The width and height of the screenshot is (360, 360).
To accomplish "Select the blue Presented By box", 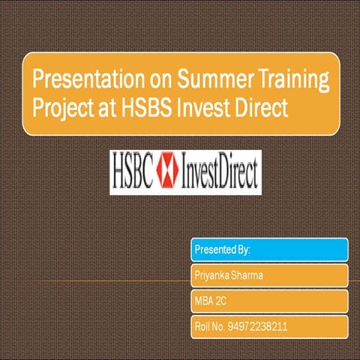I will (x=269, y=249).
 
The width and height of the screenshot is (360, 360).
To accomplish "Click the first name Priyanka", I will (x=212, y=275).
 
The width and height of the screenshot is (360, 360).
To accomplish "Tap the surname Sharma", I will (x=248, y=275).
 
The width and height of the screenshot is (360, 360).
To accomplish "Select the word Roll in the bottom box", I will (x=202, y=327).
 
